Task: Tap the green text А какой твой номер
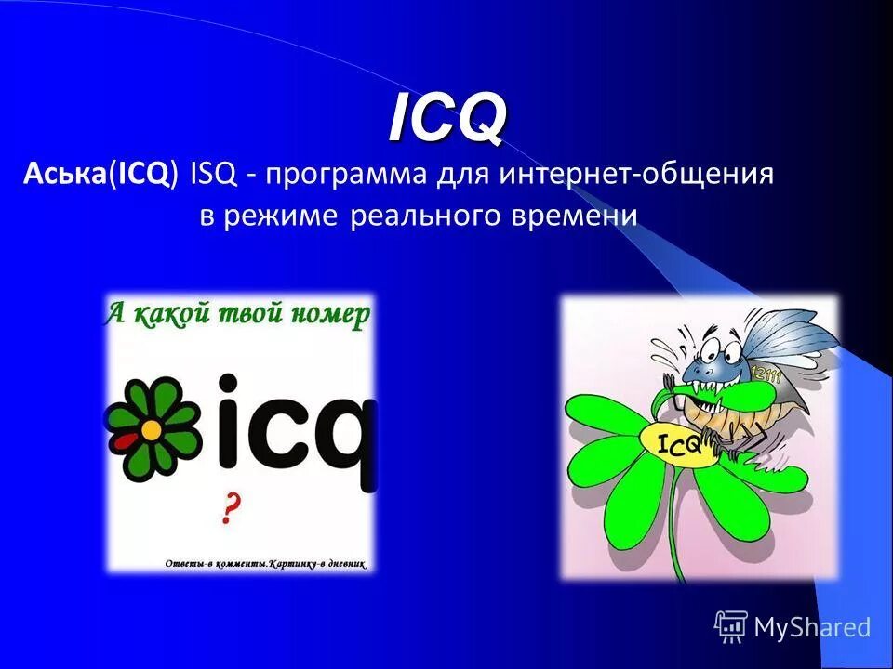pyautogui.click(x=237, y=314)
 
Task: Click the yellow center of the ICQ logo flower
pyautogui.click(x=150, y=429)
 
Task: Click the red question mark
pyautogui.click(x=232, y=509)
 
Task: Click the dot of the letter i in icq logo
pyautogui.click(x=229, y=382)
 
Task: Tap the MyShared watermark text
pyautogui.click(x=811, y=627)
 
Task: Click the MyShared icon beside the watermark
pyautogui.click(x=731, y=626)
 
